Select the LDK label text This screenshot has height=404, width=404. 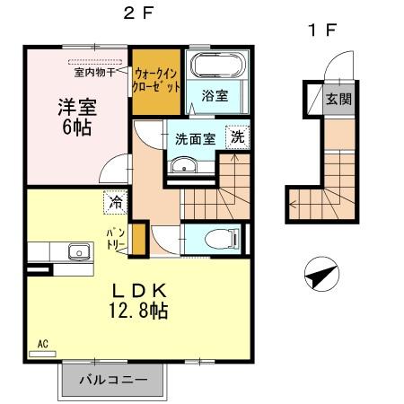(x=140, y=291)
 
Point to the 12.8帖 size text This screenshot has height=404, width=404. (x=141, y=312)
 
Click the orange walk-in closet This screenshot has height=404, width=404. (x=157, y=83)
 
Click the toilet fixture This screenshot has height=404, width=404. (x=221, y=237)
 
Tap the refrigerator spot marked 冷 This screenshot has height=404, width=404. (x=116, y=203)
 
